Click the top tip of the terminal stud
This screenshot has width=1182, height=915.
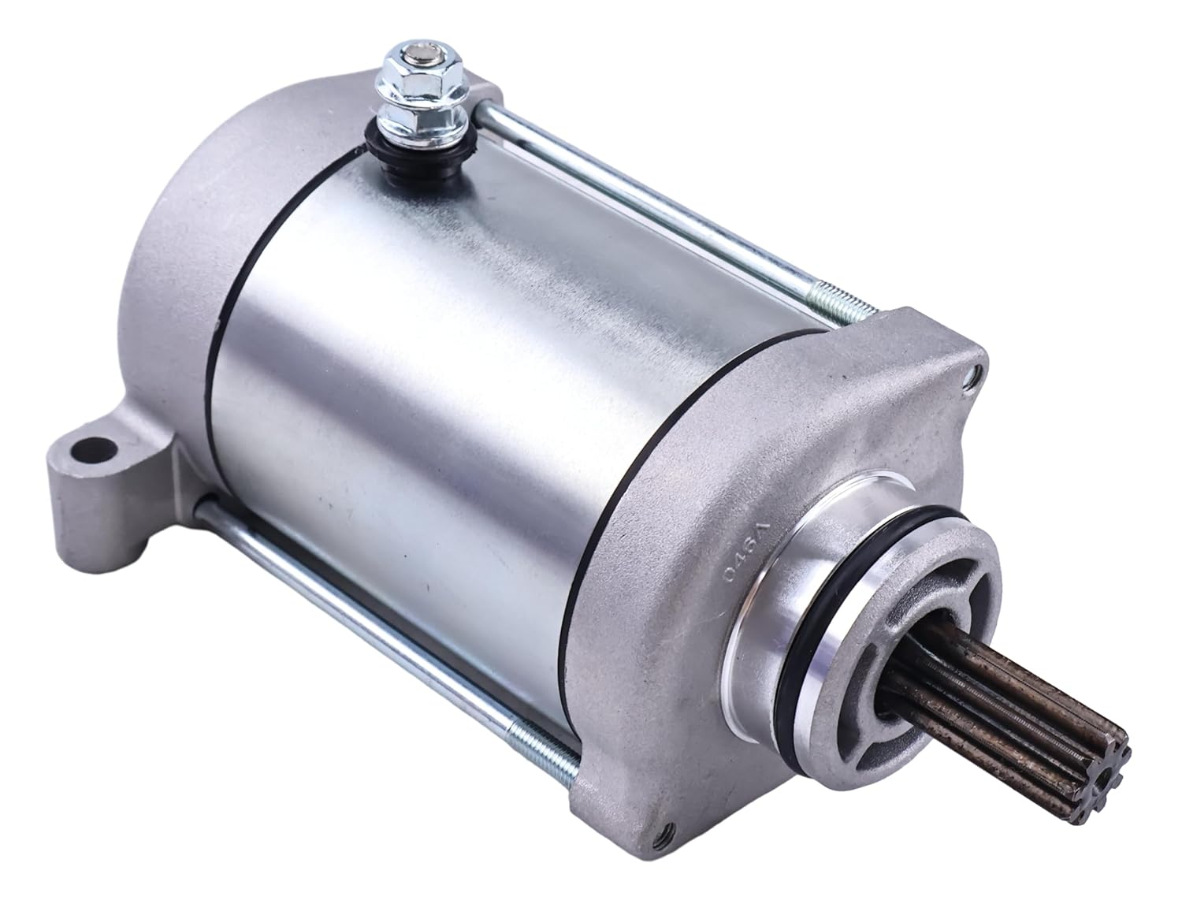(403, 56)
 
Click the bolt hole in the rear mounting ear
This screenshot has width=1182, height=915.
(89, 452)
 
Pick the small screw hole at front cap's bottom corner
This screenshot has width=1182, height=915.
(667, 866)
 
